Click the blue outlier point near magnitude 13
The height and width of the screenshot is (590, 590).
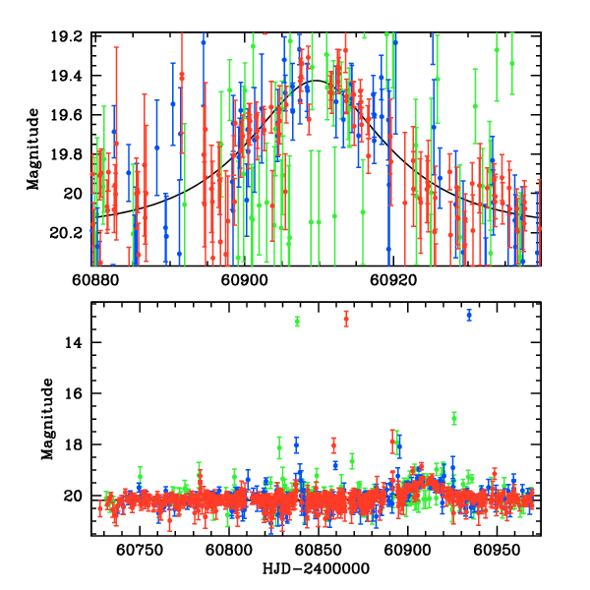coord(469,315)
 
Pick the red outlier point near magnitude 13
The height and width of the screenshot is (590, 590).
coord(346,319)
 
